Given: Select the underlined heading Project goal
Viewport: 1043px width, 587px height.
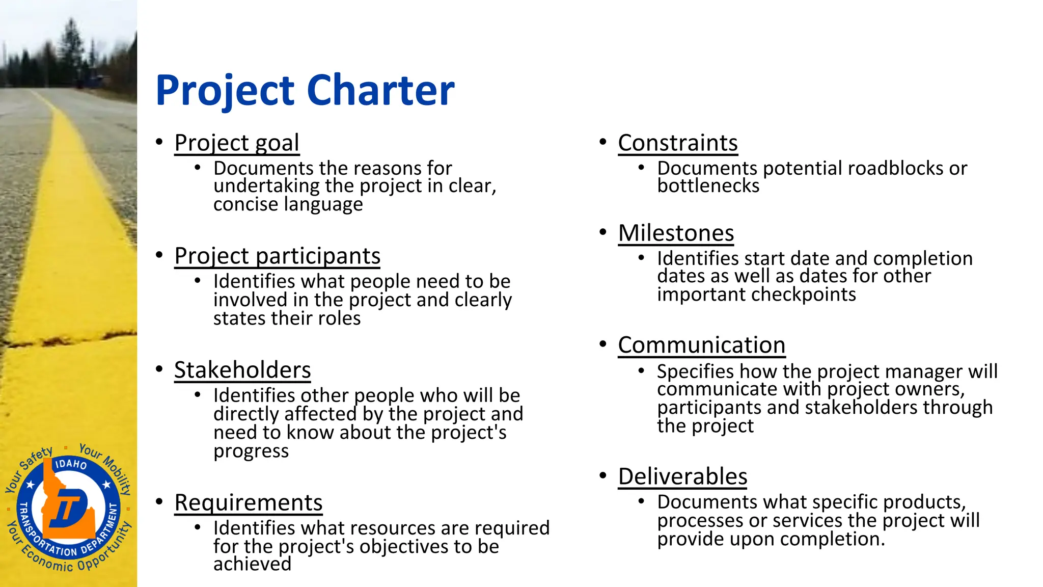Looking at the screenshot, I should coord(237,143).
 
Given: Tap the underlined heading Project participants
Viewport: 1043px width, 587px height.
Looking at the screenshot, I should coord(277,256).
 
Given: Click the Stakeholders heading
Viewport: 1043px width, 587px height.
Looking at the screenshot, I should coord(242,370).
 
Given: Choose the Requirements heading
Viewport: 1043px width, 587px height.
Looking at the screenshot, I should coord(249,502).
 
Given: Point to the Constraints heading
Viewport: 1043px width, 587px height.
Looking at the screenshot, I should coord(677,143).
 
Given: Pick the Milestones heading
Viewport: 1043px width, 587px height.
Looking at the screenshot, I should coord(676,233).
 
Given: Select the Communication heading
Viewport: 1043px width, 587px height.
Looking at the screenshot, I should coord(701,345).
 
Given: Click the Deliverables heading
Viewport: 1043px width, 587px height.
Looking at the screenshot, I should coord(682,476).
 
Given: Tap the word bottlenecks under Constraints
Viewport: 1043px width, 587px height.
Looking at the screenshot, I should coord(708,186).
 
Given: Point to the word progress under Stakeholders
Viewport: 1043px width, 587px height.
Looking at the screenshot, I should coord(251,451).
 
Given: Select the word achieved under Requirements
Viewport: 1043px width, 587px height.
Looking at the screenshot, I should coord(252,564).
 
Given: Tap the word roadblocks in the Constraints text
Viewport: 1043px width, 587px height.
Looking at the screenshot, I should coord(896,168).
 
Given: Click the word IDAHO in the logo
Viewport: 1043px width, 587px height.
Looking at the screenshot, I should coord(70,464).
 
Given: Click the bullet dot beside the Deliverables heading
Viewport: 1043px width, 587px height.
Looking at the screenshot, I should coord(603,476).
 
